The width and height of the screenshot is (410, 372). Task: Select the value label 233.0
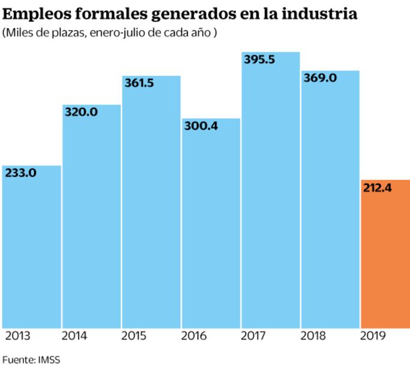tap(21, 173)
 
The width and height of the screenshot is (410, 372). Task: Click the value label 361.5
tap(139, 83)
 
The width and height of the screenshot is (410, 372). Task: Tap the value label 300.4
tap(200, 127)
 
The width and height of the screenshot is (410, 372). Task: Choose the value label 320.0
tap(81, 112)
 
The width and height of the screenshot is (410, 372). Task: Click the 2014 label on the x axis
tap(74, 336)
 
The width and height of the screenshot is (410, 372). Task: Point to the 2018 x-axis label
tap(313, 336)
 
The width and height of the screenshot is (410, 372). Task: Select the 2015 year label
tap(134, 336)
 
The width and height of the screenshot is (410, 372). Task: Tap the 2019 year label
tap(373, 336)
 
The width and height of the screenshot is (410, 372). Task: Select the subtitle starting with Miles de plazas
tap(110, 32)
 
